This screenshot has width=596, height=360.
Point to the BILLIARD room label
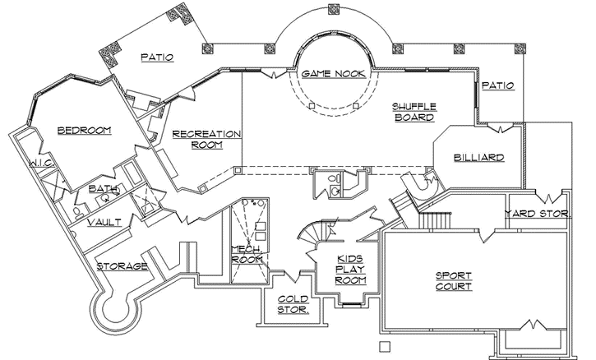coord(478,157)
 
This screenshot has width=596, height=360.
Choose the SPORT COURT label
coord(453,281)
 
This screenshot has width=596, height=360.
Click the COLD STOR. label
coord(292,304)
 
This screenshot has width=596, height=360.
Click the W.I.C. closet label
coord(41,164)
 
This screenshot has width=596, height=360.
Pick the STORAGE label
coord(122,266)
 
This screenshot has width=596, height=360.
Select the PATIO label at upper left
coord(156,58)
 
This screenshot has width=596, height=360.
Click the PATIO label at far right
coord(497,85)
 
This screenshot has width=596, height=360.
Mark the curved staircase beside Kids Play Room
coord(311,235)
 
